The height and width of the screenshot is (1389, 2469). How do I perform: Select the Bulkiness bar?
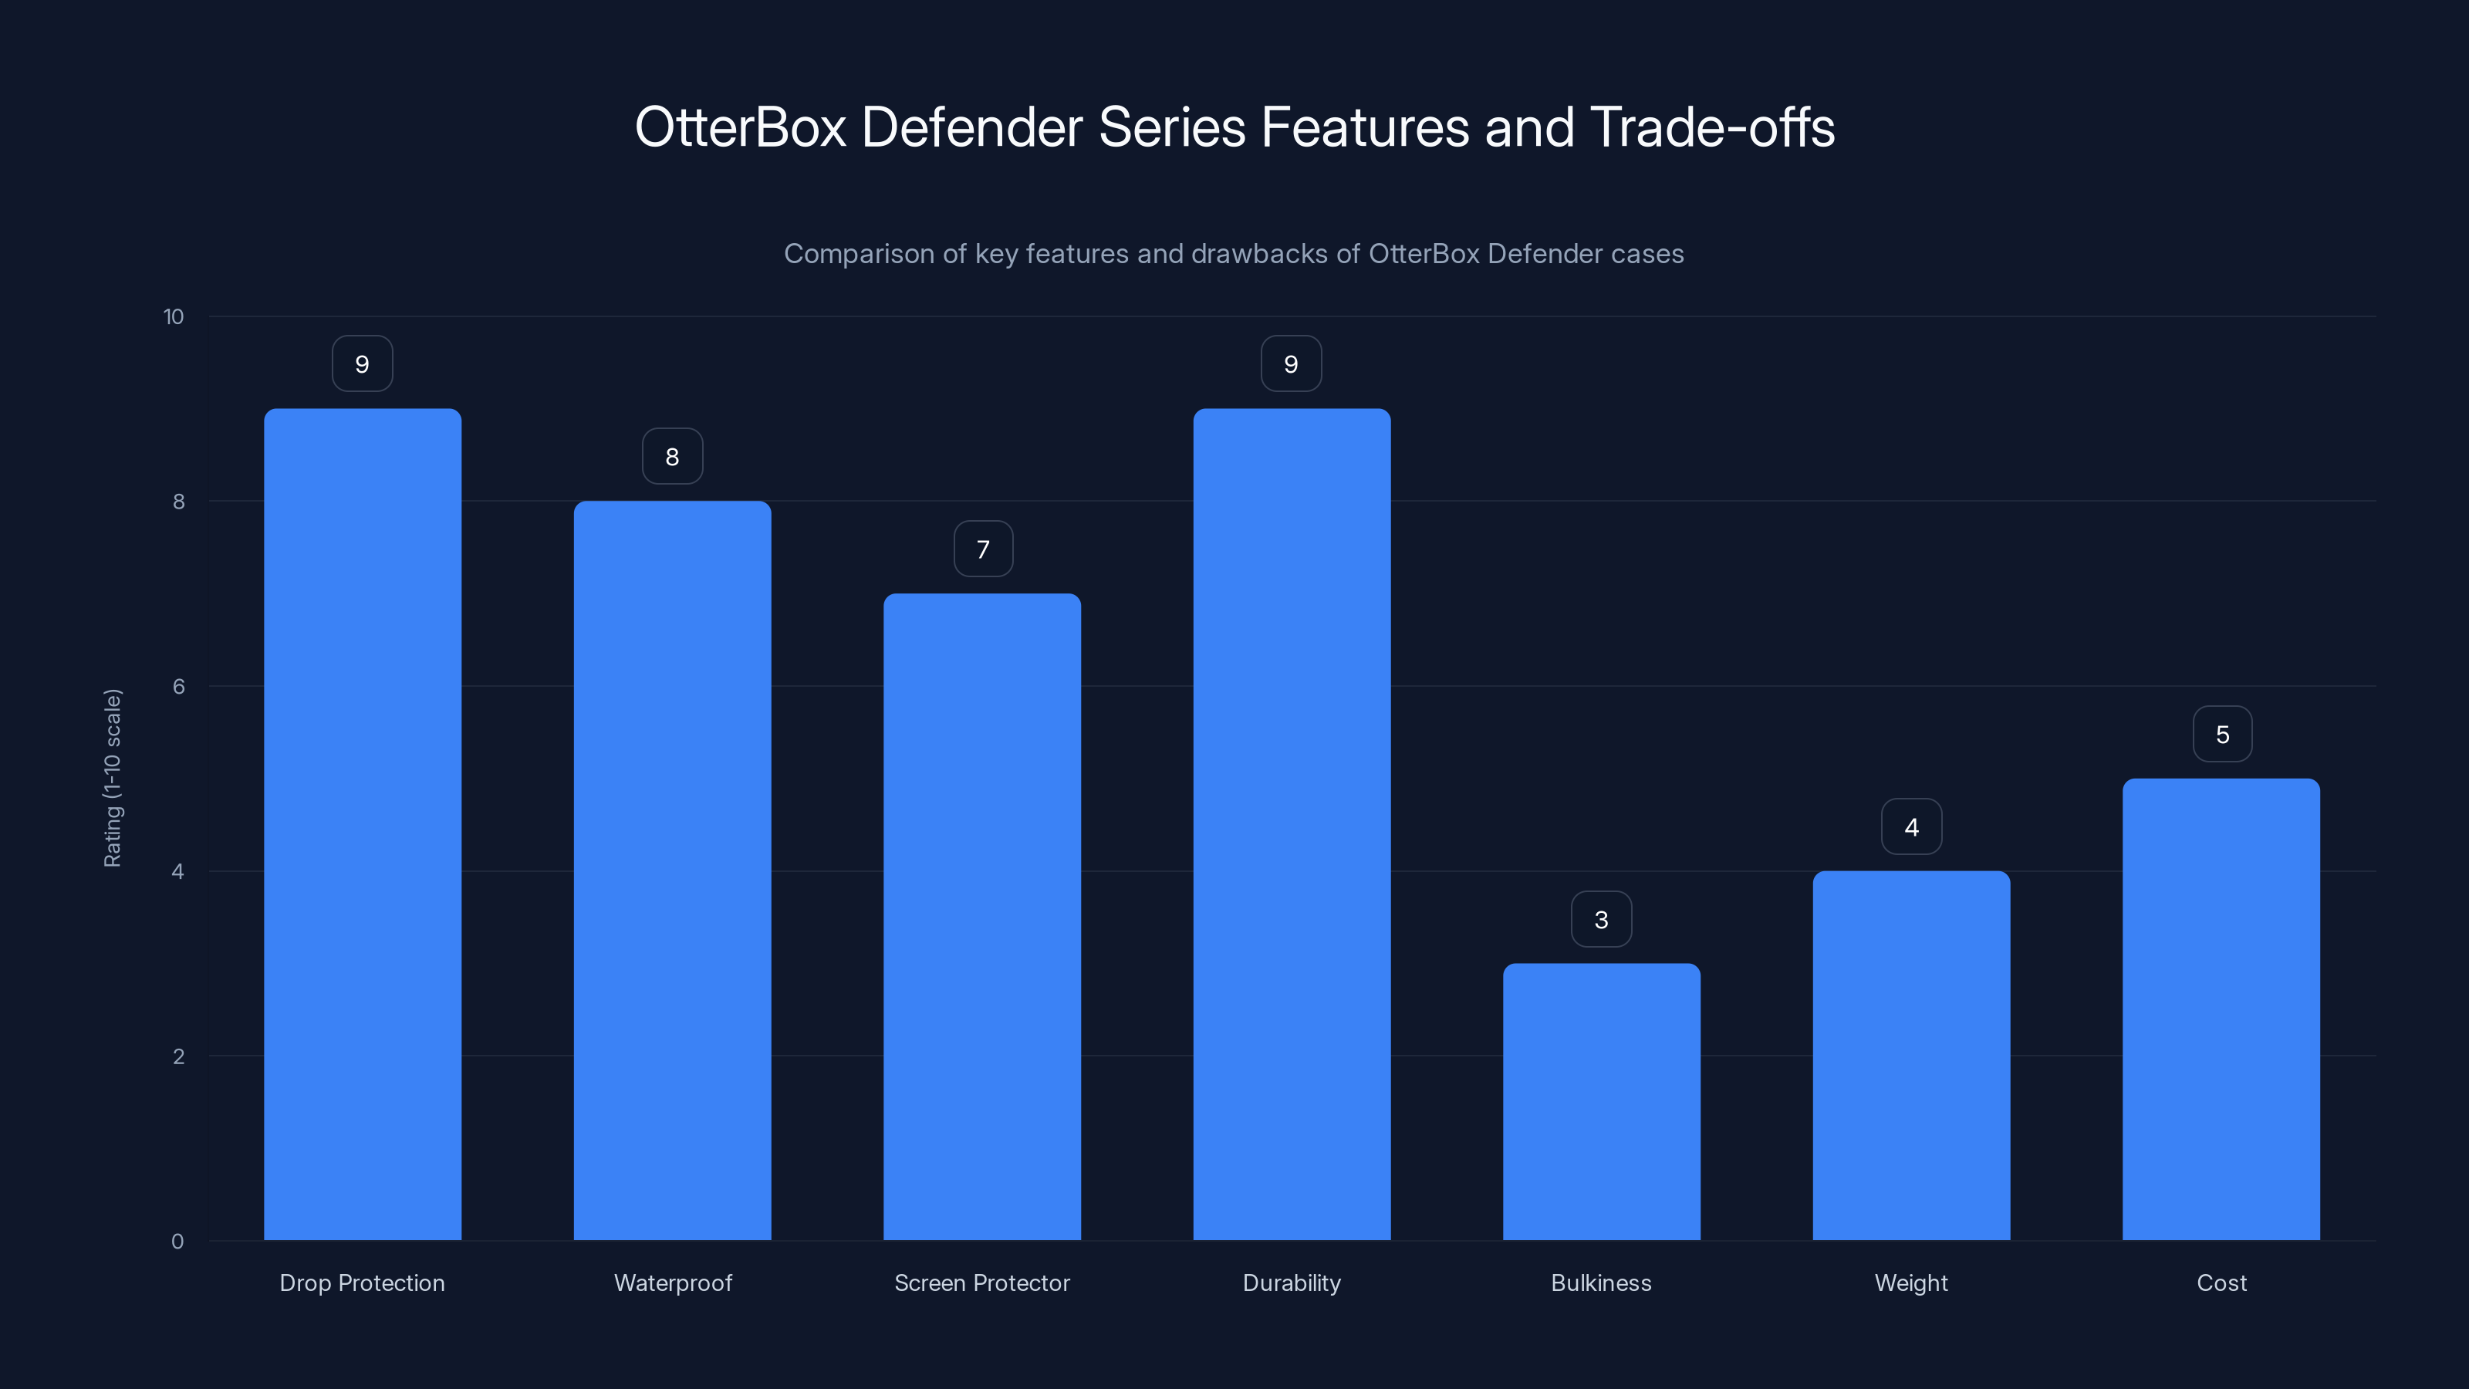point(1601,1103)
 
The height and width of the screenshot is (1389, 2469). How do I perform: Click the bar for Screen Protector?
point(981,918)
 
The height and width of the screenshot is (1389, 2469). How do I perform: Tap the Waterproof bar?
point(672,870)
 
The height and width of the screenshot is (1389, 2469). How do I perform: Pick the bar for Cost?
point(2221,1009)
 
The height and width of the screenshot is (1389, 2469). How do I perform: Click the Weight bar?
point(1911,1056)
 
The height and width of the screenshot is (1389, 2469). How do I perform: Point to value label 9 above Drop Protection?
point(363,364)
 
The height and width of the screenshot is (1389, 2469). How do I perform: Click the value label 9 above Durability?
point(1291,364)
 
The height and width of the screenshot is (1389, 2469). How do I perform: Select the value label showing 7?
point(982,549)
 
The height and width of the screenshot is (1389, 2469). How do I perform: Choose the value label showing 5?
point(2222,735)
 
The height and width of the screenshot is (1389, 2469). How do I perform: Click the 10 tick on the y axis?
point(174,317)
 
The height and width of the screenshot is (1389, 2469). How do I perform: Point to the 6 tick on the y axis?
point(178,686)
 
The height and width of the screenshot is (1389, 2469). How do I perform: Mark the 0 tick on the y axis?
point(177,1242)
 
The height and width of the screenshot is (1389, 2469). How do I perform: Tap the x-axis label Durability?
point(1291,1283)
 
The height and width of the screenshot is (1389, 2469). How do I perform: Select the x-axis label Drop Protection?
point(363,1283)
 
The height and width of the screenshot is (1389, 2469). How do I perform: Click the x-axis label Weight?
point(1911,1283)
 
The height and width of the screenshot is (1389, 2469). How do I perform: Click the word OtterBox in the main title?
point(740,127)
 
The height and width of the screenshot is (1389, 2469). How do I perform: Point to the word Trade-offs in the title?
point(1712,127)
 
